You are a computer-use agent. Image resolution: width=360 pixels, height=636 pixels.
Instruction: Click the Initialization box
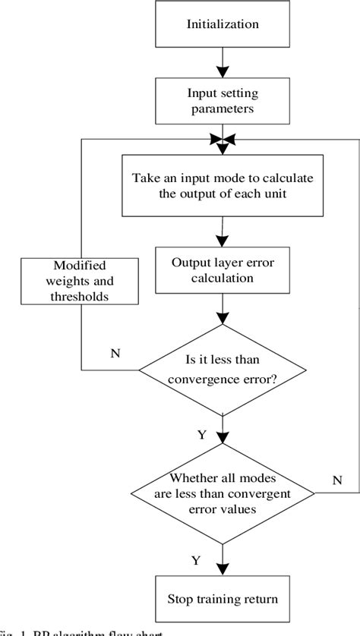coord(222,24)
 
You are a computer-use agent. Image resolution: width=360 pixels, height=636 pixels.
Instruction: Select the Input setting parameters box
coord(223,101)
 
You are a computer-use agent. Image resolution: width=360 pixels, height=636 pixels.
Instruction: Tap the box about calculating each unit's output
coord(223,186)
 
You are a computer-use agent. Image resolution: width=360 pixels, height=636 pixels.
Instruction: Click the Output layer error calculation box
coord(223,270)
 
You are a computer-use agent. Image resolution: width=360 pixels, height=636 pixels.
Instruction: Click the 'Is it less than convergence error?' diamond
coord(223,370)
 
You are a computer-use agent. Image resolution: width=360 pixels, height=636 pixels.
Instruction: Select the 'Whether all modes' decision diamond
coord(223,494)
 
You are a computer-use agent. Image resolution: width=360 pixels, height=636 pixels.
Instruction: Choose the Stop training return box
coord(223,599)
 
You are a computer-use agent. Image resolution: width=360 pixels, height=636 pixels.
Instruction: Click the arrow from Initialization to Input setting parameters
coord(223,62)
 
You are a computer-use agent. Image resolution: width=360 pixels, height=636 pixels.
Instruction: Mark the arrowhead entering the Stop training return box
coord(223,571)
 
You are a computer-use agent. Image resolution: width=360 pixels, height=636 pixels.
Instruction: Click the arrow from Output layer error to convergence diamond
coord(223,312)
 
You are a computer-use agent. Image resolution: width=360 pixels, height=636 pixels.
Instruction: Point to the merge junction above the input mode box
coord(223,140)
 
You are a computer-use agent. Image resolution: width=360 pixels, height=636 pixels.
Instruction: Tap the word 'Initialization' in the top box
coord(223,24)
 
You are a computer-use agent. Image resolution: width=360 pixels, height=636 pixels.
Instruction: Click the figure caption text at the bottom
coord(76,632)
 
